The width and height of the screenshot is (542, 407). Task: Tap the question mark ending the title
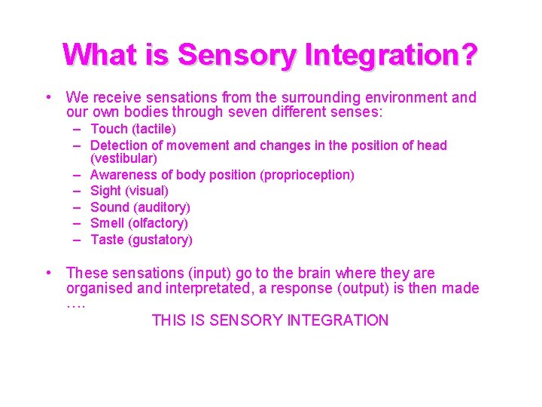pyautogui.click(x=467, y=55)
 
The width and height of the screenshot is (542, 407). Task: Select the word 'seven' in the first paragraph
pyautogui.click(x=272, y=113)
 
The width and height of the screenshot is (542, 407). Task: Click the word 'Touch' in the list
pyautogui.click(x=108, y=130)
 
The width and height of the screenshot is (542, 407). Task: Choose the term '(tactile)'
pyautogui.click(x=153, y=130)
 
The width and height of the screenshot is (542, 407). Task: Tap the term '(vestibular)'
pyautogui.click(x=123, y=159)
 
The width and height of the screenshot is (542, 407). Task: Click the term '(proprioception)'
pyautogui.click(x=306, y=175)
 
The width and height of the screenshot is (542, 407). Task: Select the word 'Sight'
pyautogui.click(x=107, y=191)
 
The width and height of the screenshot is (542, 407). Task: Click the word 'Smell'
pyautogui.click(x=108, y=223)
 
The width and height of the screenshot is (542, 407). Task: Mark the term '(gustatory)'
pyautogui.click(x=160, y=240)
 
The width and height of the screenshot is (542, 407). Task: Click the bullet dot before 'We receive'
pyautogui.click(x=47, y=97)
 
